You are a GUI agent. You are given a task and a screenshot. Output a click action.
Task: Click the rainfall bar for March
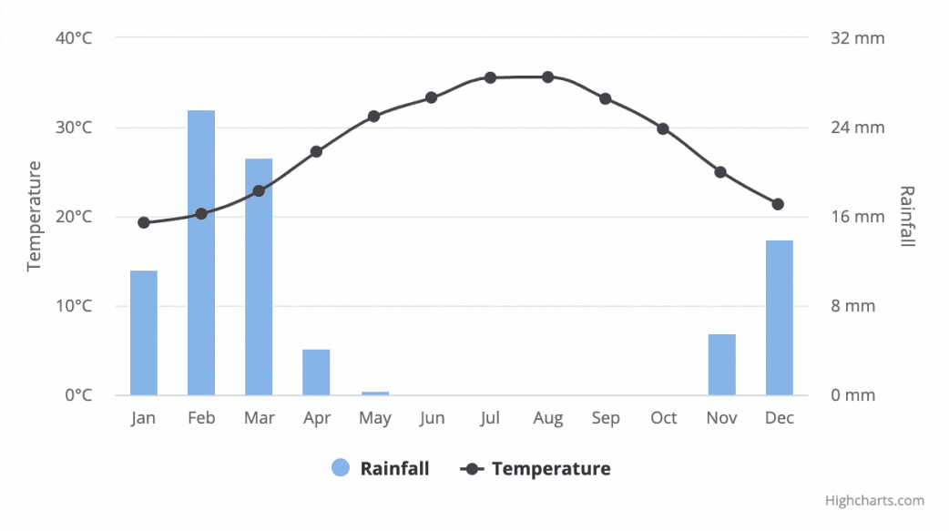pyautogui.click(x=259, y=277)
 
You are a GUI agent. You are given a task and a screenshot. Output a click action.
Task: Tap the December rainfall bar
pyautogui.click(x=779, y=318)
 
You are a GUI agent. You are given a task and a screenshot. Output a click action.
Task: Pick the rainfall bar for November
pyautogui.click(x=721, y=364)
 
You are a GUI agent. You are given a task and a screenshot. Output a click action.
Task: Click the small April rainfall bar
pyautogui.click(x=316, y=372)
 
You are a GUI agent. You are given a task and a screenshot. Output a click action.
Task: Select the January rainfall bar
pyautogui.click(x=144, y=332)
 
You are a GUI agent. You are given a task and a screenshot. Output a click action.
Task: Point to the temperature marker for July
pyautogui.click(x=490, y=77)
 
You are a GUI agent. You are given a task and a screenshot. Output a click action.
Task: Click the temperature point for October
pyautogui.click(x=663, y=128)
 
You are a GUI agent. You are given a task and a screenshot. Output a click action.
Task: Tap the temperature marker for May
pyautogui.click(x=374, y=116)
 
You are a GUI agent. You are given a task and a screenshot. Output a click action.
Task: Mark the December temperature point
pyautogui.click(x=778, y=204)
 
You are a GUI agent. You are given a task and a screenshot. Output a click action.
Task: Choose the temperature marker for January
pyautogui.click(x=144, y=222)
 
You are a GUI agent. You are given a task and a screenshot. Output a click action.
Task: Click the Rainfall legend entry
pyautogui.click(x=381, y=469)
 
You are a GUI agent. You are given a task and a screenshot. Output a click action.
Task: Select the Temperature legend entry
pyautogui.click(x=537, y=469)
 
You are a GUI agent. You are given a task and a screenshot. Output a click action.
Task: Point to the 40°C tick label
pyautogui.click(x=74, y=38)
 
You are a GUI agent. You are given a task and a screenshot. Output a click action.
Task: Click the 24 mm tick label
pyautogui.click(x=857, y=128)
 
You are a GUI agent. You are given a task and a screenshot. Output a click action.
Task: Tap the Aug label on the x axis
pyautogui.click(x=547, y=418)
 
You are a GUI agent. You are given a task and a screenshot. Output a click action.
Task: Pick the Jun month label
pyautogui.click(x=432, y=418)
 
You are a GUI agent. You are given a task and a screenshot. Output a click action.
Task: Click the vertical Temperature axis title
pyautogui.click(x=35, y=216)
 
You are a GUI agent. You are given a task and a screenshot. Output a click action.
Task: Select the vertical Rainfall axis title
pyautogui.click(x=907, y=216)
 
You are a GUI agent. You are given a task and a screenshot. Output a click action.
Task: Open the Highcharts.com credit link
pyautogui.click(x=874, y=500)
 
